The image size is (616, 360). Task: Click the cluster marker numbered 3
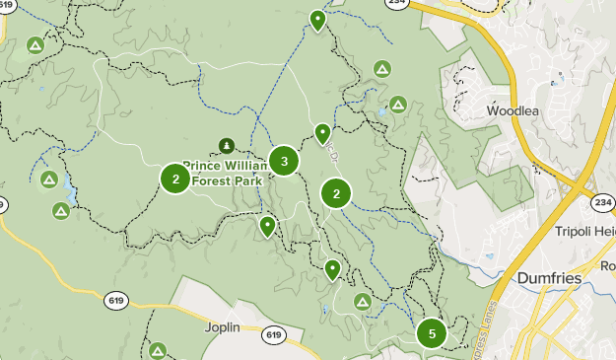[x=284, y=161]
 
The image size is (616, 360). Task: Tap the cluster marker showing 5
[x=432, y=333]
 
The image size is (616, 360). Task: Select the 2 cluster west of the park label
[x=175, y=179]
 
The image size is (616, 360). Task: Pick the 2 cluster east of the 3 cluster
[x=336, y=193]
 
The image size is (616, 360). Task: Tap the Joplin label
[x=224, y=326]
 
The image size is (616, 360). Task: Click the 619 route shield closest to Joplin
[x=274, y=335]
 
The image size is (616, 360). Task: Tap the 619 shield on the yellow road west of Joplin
[x=116, y=300]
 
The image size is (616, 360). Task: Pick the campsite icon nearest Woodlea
[x=398, y=104]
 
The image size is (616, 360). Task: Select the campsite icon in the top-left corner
[x=35, y=45]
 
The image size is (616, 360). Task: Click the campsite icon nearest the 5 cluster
[x=362, y=301]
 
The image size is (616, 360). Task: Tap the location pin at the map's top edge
[x=317, y=20]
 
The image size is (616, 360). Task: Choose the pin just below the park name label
[x=267, y=226]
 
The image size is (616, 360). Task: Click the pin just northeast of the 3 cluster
[x=322, y=133]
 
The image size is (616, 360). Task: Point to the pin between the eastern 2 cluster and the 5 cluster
[x=333, y=268]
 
